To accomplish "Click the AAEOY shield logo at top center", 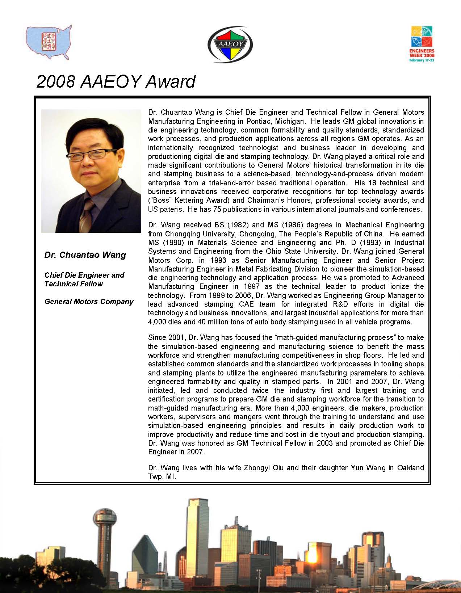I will [230, 45].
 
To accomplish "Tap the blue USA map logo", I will [49, 42].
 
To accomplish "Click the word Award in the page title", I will [171, 81].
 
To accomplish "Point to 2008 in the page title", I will [56, 81].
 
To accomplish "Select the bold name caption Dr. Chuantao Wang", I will [85, 255].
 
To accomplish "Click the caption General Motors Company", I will [89, 302].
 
